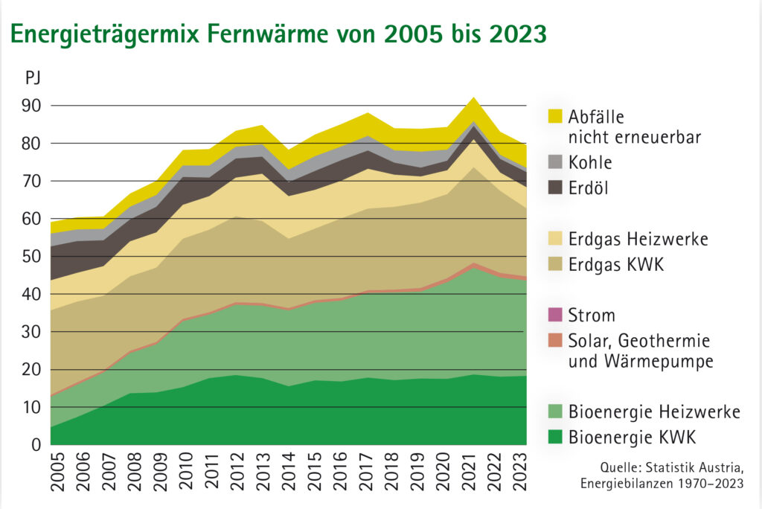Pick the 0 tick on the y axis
pyautogui.click(x=36, y=445)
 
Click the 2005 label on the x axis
pyautogui.click(x=57, y=473)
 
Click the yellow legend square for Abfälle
pyautogui.click(x=555, y=117)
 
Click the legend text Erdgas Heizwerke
pyautogui.click(x=638, y=239)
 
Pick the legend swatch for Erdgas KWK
pyautogui.click(x=555, y=265)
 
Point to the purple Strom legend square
pyautogui.click(x=555, y=316)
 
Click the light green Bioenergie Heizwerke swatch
pyautogui.click(x=555, y=411)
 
